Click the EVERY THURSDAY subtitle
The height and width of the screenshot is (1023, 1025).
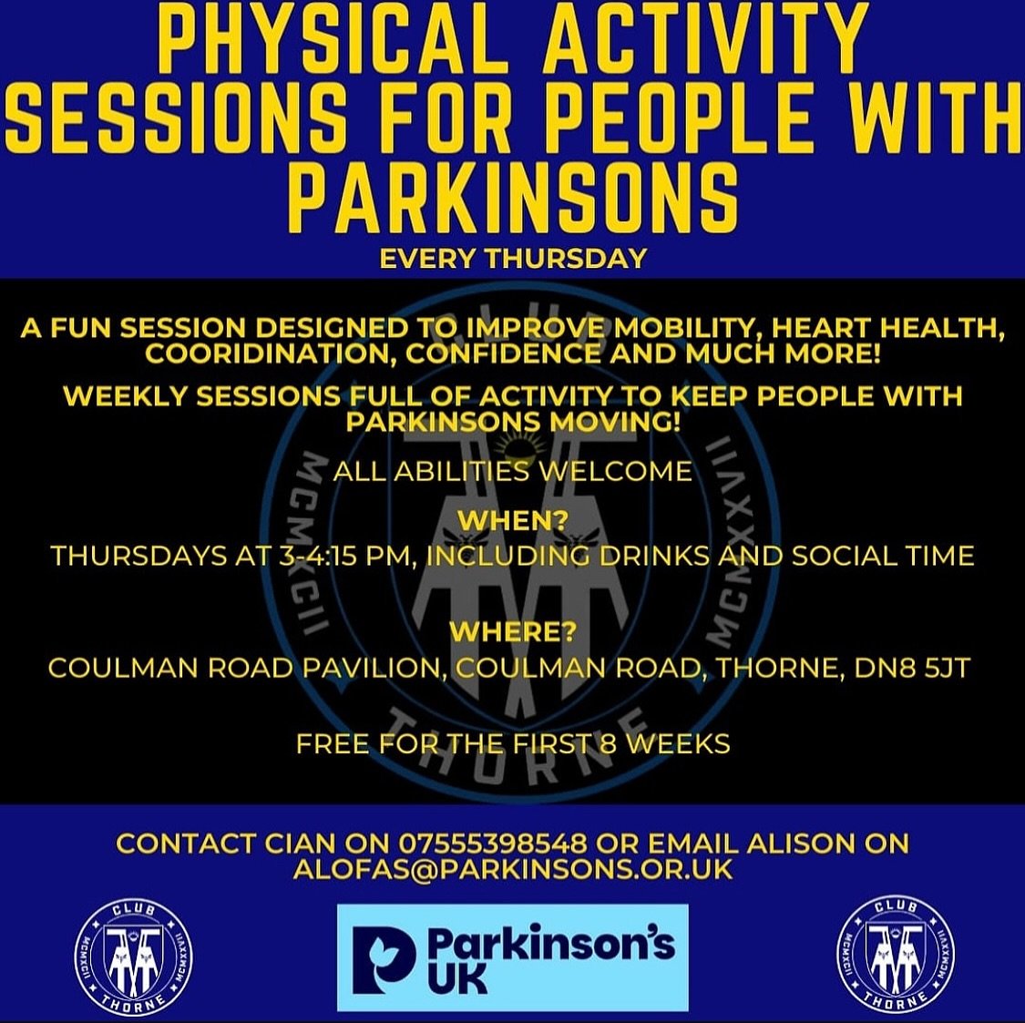[x=513, y=259]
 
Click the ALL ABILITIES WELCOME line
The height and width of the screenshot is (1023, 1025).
[x=512, y=471]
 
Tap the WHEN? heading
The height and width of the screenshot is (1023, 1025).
[x=513, y=521]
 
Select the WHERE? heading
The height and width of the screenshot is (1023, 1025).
[x=513, y=632]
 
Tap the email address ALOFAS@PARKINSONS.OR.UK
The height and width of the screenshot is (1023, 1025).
[x=513, y=870]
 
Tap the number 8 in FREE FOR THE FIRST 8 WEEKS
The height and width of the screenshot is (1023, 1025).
[x=608, y=744]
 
